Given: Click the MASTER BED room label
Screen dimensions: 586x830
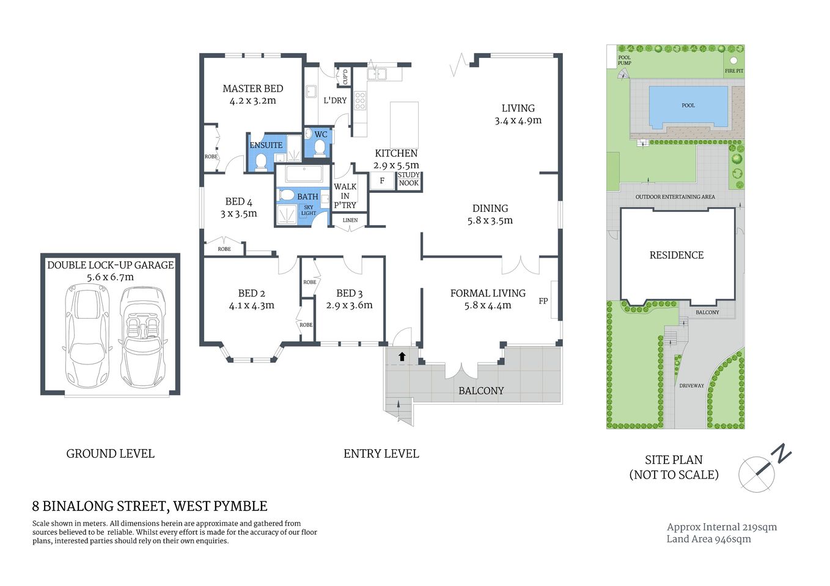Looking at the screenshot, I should pos(252,89).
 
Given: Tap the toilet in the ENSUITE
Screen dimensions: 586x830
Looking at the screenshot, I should pos(261,162).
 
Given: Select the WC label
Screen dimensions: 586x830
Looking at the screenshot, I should pos(321,135).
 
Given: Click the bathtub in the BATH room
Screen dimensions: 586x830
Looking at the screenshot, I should pos(304,175).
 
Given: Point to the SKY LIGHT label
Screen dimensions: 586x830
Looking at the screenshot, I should pos(309,211).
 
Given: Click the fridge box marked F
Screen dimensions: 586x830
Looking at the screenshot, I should pos(383,181).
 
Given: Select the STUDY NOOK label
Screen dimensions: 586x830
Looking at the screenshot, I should pos(409,179).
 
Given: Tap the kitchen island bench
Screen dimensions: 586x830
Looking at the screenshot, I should pos(404,125).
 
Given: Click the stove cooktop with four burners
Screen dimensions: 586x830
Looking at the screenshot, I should pos(360,101).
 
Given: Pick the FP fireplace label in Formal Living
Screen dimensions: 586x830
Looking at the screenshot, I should pos(543,301).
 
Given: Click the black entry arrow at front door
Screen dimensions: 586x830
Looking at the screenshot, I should pos(402,356).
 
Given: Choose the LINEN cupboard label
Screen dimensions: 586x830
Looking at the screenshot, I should pos(350,220).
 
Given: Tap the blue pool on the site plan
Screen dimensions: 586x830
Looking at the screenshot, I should pos(688,106).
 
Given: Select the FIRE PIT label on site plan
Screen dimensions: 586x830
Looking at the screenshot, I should pos(734,71).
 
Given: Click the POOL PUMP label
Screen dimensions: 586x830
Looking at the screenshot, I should pos(624,60).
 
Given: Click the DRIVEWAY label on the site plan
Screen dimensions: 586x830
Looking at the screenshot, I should pos(691,386).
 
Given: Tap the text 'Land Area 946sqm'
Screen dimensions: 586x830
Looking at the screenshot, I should pos(708,539).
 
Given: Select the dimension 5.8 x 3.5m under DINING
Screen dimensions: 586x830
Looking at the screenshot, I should pos(490,221).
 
